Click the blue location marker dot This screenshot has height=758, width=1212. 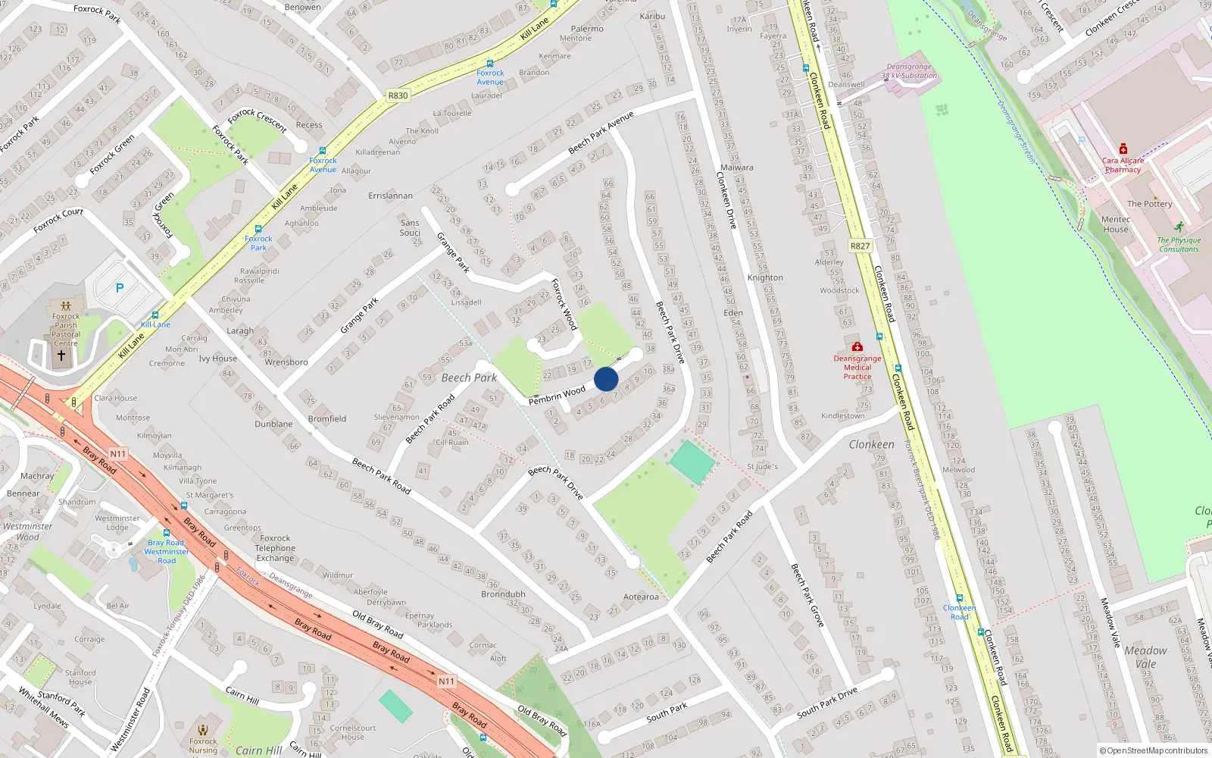pyautogui.click(x=606, y=379)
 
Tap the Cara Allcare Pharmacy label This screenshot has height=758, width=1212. pyautogui.click(x=1123, y=165)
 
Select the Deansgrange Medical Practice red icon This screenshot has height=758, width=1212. pyautogui.click(x=857, y=346)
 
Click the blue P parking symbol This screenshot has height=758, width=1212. pyautogui.click(x=120, y=288)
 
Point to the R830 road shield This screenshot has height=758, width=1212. pyautogui.click(x=398, y=96)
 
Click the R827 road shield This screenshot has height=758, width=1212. pyautogui.click(x=860, y=246)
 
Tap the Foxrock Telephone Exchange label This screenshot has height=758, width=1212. pyautogui.click(x=275, y=548)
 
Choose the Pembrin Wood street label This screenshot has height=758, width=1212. pyautogui.click(x=557, y=395)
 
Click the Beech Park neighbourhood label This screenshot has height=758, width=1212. pyautogui.click(x=469, y=377)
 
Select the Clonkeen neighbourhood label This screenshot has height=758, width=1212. pyautogui.click(x=871, y=445)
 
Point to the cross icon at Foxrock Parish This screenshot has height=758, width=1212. pyautogui.click(x=61, y=355)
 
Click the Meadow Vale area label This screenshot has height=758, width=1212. pyautogui.click(x=1145, y=657)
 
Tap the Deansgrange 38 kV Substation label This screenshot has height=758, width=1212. pyautogui.click(x=909, y=71)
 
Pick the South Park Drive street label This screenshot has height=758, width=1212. pyautogui.click(x=827, y=703)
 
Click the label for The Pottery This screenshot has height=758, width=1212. pyautogui.click(x=1149, y=204)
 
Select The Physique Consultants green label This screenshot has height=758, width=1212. pyautogui.click(x=1179, y=244)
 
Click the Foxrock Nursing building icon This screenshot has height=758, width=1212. pyautogui.click(x=202, y=730)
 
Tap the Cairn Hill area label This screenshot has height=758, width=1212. pyautogui.click(x=259, y=750)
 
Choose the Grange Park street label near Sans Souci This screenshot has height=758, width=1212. pyautogui.click(x=453, y=252)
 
